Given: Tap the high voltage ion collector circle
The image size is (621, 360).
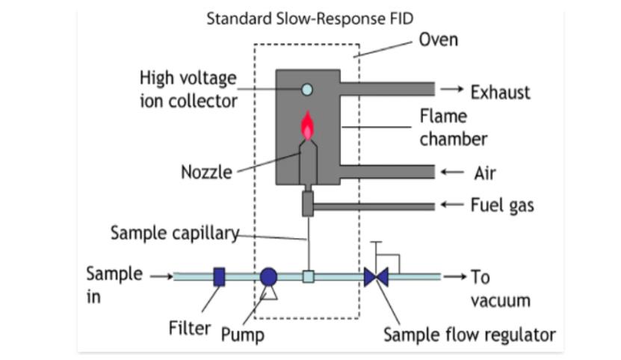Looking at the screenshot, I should pyautogui.click(x=306, y=90).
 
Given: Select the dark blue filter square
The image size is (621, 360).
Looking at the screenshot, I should pyautogui.click(x=219, y=277).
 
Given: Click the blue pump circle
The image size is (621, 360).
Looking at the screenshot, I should pyautogui.click(x=269, y=277).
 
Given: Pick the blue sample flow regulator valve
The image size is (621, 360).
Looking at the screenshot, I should pyautogui.click(x=376, y=277).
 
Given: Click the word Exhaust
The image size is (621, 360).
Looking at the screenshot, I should pyautogui.click(x=500, y=93).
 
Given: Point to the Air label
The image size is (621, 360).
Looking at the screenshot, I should pyautogui.click(x=485, y=173).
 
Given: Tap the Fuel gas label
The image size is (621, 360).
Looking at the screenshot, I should pyautogui.click(x=502, y=205).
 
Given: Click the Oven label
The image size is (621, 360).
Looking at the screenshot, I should pyautogui.click(x=439, y=40).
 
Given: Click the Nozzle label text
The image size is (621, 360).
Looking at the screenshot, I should pyautogui.click(x=206, y=173).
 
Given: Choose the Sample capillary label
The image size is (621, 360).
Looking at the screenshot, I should pyautogui.click(x=174, y=233).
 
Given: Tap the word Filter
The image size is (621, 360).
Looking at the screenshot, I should pyautogui.click(x=189, y=328).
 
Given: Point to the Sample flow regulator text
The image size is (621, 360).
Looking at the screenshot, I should pyautogui.click(x=469, y=335).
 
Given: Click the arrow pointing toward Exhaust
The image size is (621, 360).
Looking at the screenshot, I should pyautogui.click(x=451, y=90).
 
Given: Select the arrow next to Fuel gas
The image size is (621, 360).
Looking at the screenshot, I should pyautogui.click(x=451, y=205).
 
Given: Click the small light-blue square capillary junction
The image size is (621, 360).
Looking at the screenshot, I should pyautogui.click(x=308, y=277).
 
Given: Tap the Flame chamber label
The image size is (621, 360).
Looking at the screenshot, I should pyautogui.click(x=453, y=128).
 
